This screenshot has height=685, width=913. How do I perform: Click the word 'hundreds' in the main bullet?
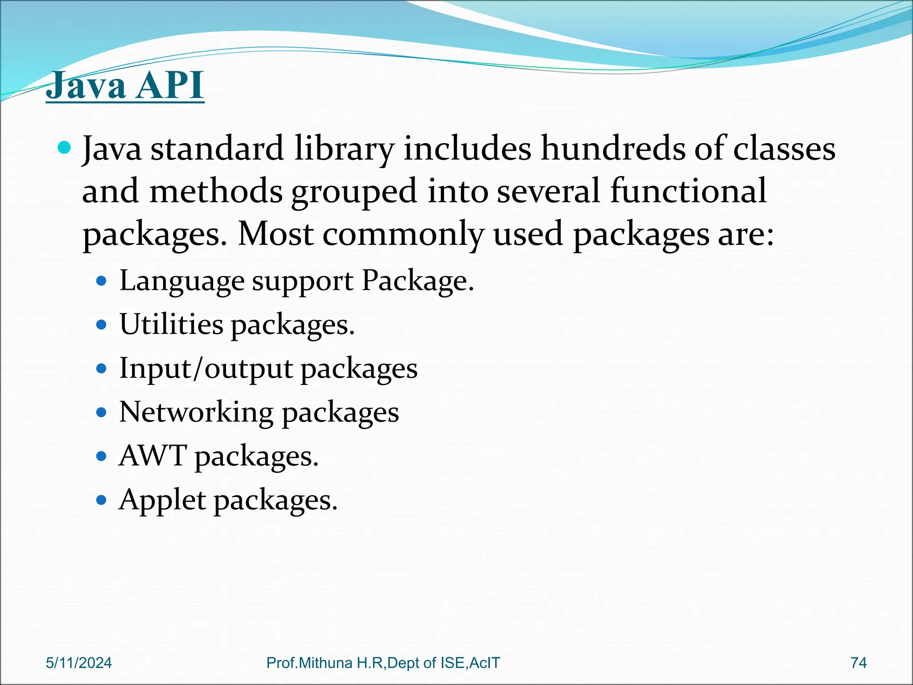(613, 148)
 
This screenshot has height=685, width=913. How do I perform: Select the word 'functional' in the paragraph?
(688, 191)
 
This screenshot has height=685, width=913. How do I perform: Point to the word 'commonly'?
(403, 235)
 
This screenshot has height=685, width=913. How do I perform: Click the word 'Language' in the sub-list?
(182, 281)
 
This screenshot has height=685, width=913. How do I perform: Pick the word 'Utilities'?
(171, 324)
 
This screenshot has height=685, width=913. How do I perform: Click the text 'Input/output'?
(206, 369)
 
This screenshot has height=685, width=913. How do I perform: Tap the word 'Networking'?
(196, 412)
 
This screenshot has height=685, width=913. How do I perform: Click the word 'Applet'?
(162, 500)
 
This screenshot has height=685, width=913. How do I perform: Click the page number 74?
(858, 663)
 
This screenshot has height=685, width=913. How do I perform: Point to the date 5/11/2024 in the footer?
(79, 663)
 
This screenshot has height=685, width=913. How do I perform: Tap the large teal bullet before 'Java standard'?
(65, 147)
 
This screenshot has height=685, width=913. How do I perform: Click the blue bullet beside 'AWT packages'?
(102, 457)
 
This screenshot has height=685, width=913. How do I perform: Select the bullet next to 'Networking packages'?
(102, 413)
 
